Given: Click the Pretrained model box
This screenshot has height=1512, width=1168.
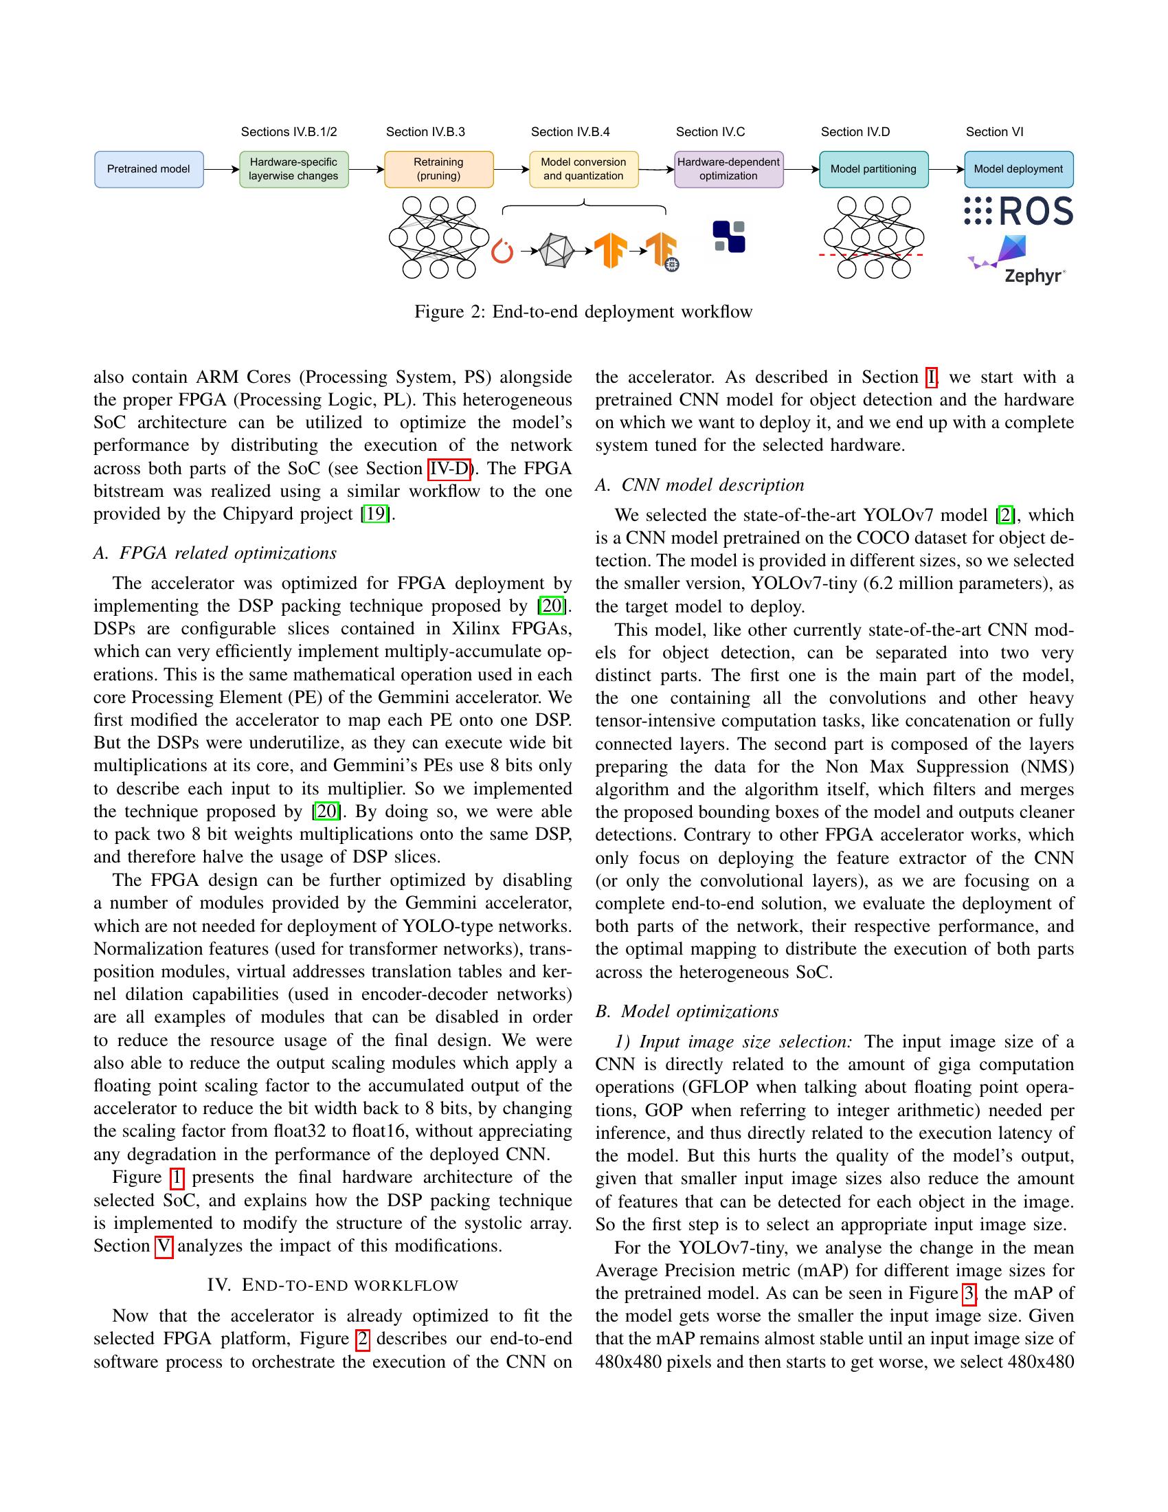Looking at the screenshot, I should tap(149, 169).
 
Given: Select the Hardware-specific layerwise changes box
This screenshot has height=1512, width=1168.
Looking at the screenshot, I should tap(293, 169).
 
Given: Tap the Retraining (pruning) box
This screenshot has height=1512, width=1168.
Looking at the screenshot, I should tap(439, 169).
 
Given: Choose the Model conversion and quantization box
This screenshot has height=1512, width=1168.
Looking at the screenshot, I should tap(583, 169).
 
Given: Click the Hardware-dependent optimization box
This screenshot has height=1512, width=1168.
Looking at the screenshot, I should tap(728, 169).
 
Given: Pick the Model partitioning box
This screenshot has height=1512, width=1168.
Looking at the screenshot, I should tap(873, 169).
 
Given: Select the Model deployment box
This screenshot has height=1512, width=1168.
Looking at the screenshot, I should tap(1018, 169).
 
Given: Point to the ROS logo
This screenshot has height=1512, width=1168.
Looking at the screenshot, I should tap(1018, 211).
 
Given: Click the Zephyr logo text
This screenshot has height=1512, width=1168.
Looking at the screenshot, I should tap(1034, 276).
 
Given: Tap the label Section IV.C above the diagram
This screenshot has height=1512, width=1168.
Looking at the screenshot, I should tap(710, 131).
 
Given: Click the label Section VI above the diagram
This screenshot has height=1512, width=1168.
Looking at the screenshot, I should tap(994, 131).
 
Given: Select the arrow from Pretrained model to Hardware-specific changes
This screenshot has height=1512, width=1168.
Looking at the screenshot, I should tap(221, 169).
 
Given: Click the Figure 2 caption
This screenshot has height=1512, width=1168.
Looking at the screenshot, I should tap(583, 311).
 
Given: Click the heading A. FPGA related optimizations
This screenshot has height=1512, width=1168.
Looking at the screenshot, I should tap(215, 553).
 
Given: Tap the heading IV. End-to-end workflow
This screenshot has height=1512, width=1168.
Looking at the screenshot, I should tap(333, 1285).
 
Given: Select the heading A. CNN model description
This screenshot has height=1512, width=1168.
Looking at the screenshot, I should tap(699, 485).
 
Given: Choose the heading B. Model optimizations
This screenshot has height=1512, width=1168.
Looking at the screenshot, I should tap(687, 1012).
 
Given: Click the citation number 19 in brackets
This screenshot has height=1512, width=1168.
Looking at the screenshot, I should tap(376, 513).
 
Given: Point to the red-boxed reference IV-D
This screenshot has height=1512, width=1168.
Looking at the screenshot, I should tap(449, 469).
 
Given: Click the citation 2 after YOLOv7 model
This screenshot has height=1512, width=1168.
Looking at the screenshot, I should tap(1004, 515).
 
